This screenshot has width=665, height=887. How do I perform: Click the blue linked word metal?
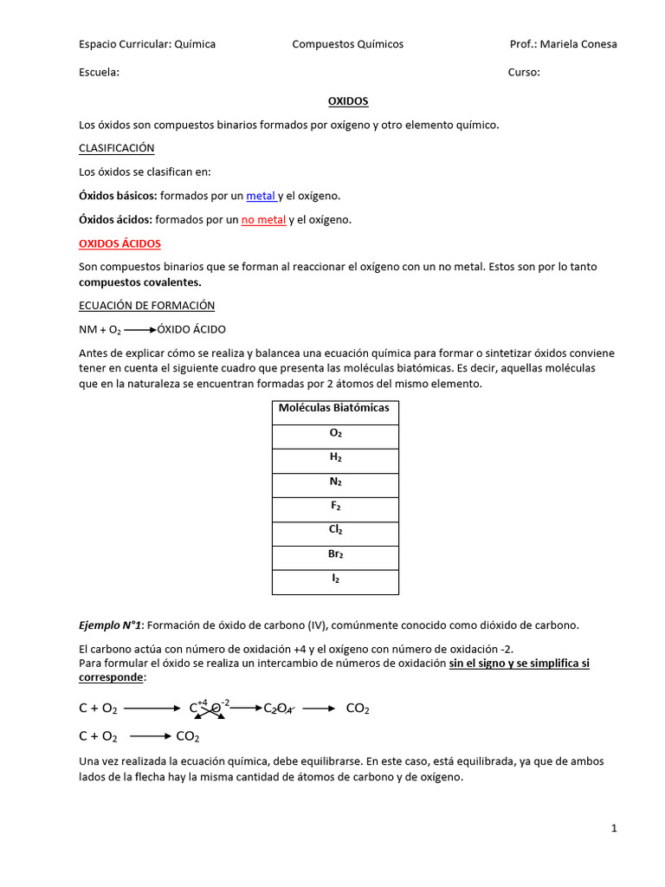(261, 196)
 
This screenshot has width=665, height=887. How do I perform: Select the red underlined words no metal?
(263, 220)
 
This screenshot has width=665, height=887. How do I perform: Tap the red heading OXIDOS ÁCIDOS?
(119, 243)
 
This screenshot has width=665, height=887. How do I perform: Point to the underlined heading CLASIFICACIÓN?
(116, 148)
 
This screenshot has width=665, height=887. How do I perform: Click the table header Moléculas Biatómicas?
(334, 408)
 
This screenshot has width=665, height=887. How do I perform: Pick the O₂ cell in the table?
(335, 433)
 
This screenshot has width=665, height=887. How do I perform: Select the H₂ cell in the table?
(335, 457)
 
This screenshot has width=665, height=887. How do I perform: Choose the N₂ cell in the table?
(335, 482)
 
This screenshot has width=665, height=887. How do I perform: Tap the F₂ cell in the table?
(335, 506)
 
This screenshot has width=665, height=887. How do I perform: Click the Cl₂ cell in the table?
(335, 530)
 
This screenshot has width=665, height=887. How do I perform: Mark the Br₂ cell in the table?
(335, 554)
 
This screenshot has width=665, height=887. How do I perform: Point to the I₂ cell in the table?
(335, 579)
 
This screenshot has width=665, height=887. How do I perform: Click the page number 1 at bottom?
(614, 829)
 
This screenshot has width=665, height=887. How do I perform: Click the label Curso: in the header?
(523, 73)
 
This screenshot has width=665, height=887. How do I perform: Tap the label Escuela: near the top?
(99, 73)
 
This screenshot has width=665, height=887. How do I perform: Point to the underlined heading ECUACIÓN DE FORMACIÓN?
(146, 306)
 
